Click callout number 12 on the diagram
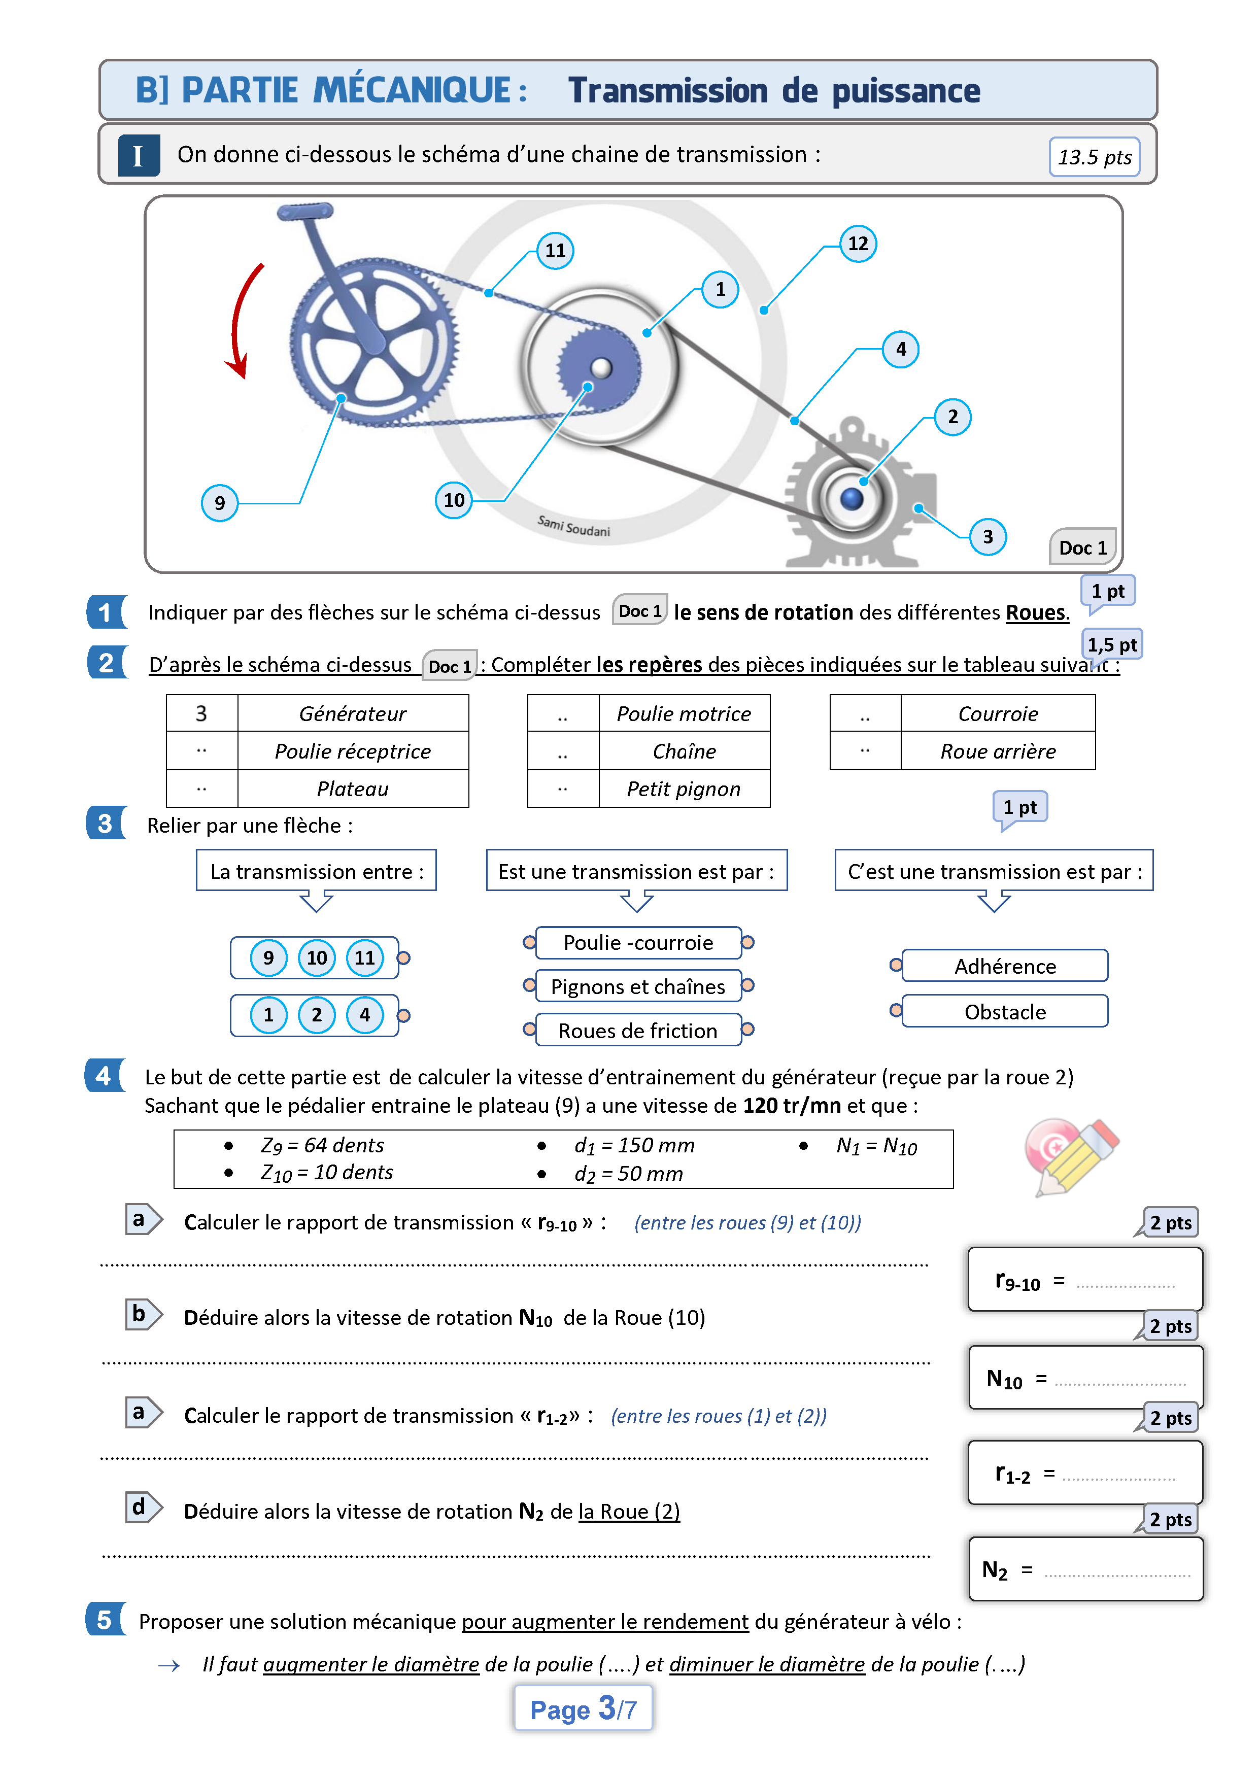point(858,244)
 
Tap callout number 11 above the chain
point(555,251)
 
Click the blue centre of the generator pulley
point(851,498)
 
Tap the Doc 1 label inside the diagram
point(1083,548)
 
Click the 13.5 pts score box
point(1094,157)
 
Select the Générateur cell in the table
point(353,713)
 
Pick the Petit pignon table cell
point(684,789)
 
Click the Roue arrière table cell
point(998,751)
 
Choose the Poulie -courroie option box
point(638,943)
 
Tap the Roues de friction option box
point(638,1031)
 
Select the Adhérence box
point(1005,966)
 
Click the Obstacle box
point(1005,1012)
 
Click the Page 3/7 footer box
point(583,1708)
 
